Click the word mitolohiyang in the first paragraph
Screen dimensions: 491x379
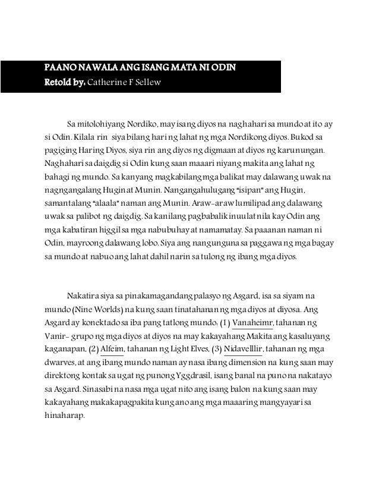coord(100,124)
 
